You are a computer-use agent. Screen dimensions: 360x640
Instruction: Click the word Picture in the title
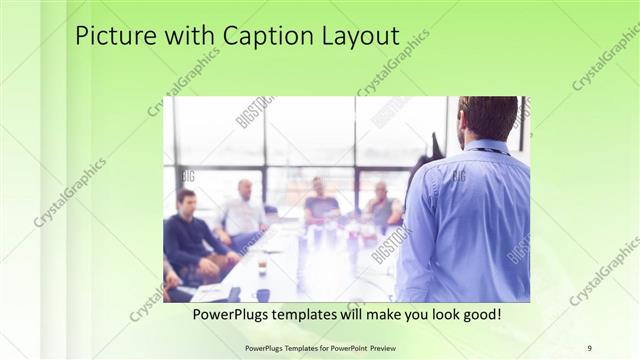(x=112, y=37)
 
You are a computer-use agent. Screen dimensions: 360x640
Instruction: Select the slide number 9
(x=590, y=347)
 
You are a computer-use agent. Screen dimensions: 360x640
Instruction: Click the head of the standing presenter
(x=488, y=118)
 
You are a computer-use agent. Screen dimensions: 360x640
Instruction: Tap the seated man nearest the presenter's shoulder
(x=383, y=206)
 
